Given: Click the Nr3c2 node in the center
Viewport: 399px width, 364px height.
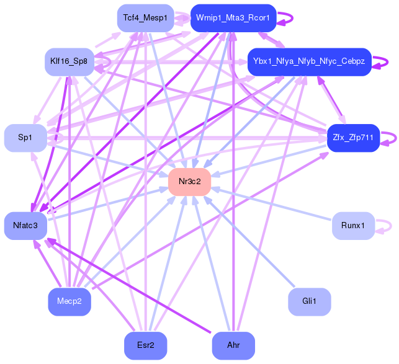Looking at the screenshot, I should point(189,182).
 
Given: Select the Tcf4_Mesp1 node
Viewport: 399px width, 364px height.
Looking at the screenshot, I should point(145,18).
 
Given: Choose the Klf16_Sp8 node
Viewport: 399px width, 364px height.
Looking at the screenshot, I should point(69,61).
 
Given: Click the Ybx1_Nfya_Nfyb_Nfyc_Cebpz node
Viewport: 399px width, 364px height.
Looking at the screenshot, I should point(309,61).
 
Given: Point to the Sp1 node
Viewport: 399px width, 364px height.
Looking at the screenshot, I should point(25,138).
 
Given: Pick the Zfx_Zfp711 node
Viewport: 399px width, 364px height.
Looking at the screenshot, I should point(352,138).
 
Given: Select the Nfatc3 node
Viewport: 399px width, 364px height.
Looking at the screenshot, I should point(25,225).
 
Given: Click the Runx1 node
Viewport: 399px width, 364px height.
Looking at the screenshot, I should point(352,225).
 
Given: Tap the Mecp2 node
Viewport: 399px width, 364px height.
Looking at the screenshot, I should point(69,302).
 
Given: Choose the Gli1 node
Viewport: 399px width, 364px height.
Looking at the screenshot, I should point(309,302).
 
